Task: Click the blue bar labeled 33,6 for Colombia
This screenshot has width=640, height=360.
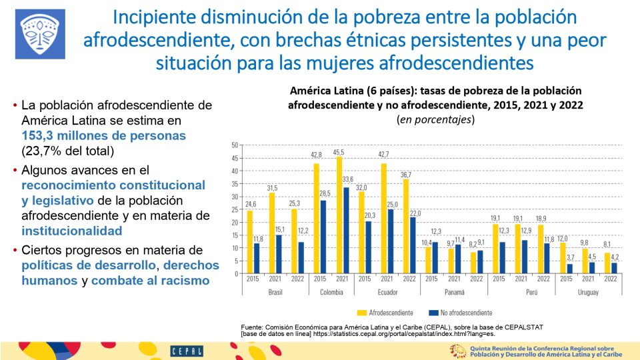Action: click(345, 230)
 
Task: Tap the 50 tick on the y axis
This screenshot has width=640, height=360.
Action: click(235, 145)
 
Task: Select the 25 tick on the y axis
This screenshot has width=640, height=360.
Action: click(235, 209)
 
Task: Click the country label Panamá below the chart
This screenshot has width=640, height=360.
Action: click(455, 292)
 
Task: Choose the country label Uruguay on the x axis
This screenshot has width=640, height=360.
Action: click(587, 292)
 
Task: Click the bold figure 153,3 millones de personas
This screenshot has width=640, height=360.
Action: click(103, 135)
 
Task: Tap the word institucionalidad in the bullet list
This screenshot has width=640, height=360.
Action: click(71, 231)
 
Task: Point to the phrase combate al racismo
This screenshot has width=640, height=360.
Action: click(151, 281)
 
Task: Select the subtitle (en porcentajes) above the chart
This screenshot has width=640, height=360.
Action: click(435, 120)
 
